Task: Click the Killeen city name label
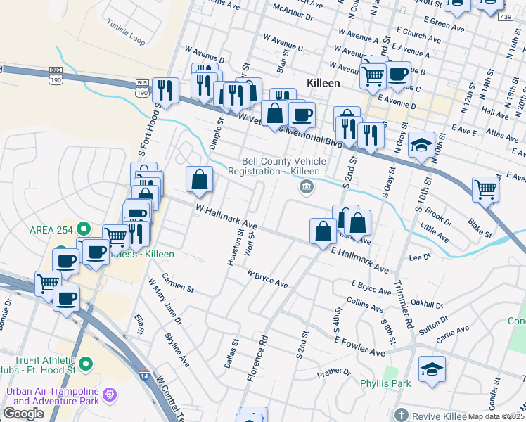pyautogui.click(x=323, y=83)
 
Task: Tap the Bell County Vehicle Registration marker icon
pyautogui.click(x=307, y=186)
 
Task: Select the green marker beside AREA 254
pyautogui.click(x=84, y=229)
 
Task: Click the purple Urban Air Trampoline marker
pyautogui.click(x=108, y=395)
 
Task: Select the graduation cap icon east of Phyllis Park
pyautogui.click(x=432, y=369)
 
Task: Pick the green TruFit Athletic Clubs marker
pyautogui.click(x=86, y=364)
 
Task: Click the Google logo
pyautogui.click(x=23, y=414)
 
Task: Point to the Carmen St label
pyautogui.click(x=177, y=282)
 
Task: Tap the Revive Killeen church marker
pyautogui.click(x=401, y=414)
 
